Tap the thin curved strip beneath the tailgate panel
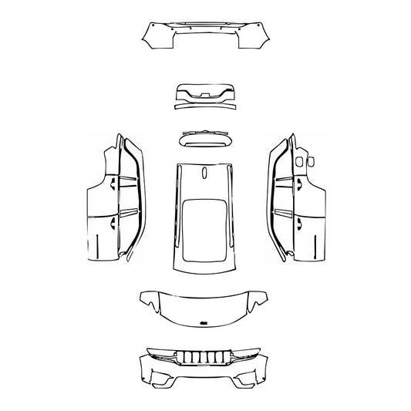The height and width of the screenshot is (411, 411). coord(205,107)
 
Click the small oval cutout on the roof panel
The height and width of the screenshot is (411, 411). coord(204,173)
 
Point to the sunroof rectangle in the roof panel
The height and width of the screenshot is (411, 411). coord(204,228)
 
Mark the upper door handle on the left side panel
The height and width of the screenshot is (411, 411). coord(114,184)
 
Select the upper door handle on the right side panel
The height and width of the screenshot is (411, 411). coord(297,184)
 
